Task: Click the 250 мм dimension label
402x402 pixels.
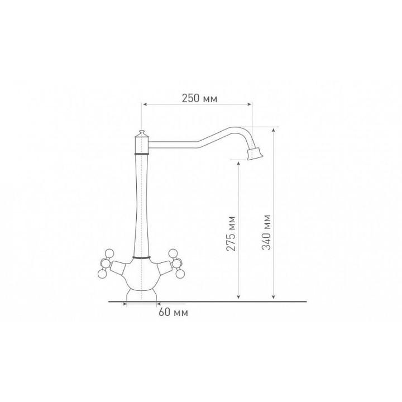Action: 199,98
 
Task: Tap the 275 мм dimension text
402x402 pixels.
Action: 231,233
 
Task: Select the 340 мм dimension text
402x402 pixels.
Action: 266,232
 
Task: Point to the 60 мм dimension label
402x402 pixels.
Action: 173,312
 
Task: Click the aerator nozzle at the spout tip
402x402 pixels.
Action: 255,154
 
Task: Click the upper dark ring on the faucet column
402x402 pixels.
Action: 141,154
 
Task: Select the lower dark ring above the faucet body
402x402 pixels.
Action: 141,257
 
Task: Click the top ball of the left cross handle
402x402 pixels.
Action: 110,253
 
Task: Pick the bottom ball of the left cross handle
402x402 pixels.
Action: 102,274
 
